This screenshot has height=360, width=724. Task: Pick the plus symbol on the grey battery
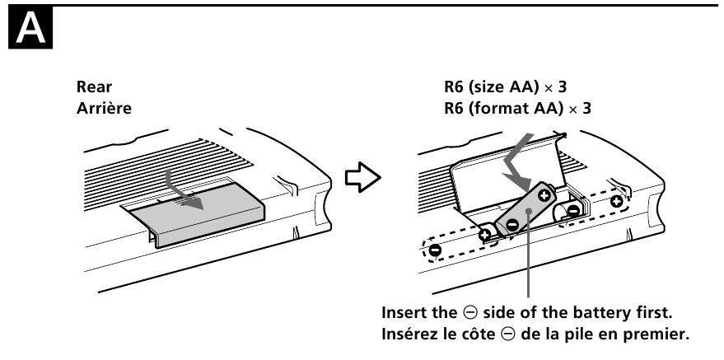544,195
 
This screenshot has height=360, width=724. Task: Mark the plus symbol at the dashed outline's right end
617,201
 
